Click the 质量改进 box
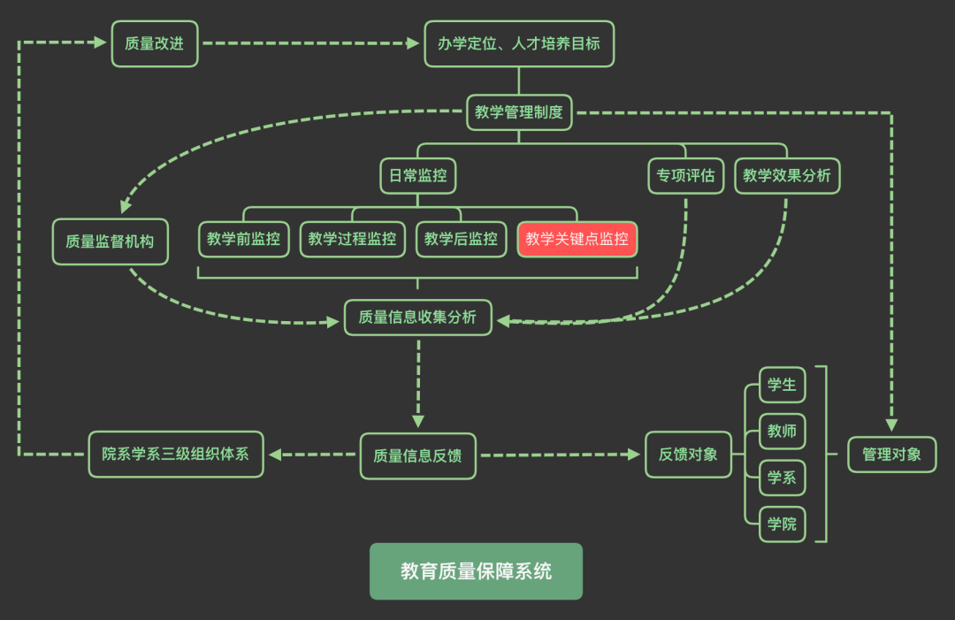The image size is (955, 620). tap(155, 43)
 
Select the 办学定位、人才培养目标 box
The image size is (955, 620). tap(519, 43)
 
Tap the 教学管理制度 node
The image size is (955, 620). tap(519, 112)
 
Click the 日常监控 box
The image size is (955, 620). tap(418, 175)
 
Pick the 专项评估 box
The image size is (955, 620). tap(685, 175)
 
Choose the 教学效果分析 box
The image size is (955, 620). tap(787, 175)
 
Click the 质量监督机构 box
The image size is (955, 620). tap(110, 241)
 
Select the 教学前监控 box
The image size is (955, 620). tap(243, 239)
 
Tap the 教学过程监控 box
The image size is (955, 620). tap(352, 239)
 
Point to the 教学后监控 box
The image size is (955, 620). tap(461, 239)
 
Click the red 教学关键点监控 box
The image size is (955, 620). tap(577, 239)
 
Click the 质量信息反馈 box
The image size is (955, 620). tap(417, 455)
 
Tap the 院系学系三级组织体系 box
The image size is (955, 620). tap(176, 455)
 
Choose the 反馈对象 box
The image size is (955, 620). tap(688, 455)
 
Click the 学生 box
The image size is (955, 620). tap(782, 385)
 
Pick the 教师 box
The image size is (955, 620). tap(782, 432)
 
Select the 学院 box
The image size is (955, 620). tap(782, 524)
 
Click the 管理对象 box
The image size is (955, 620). tap(891, 455)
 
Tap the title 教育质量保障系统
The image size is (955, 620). tap(476, 571)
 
